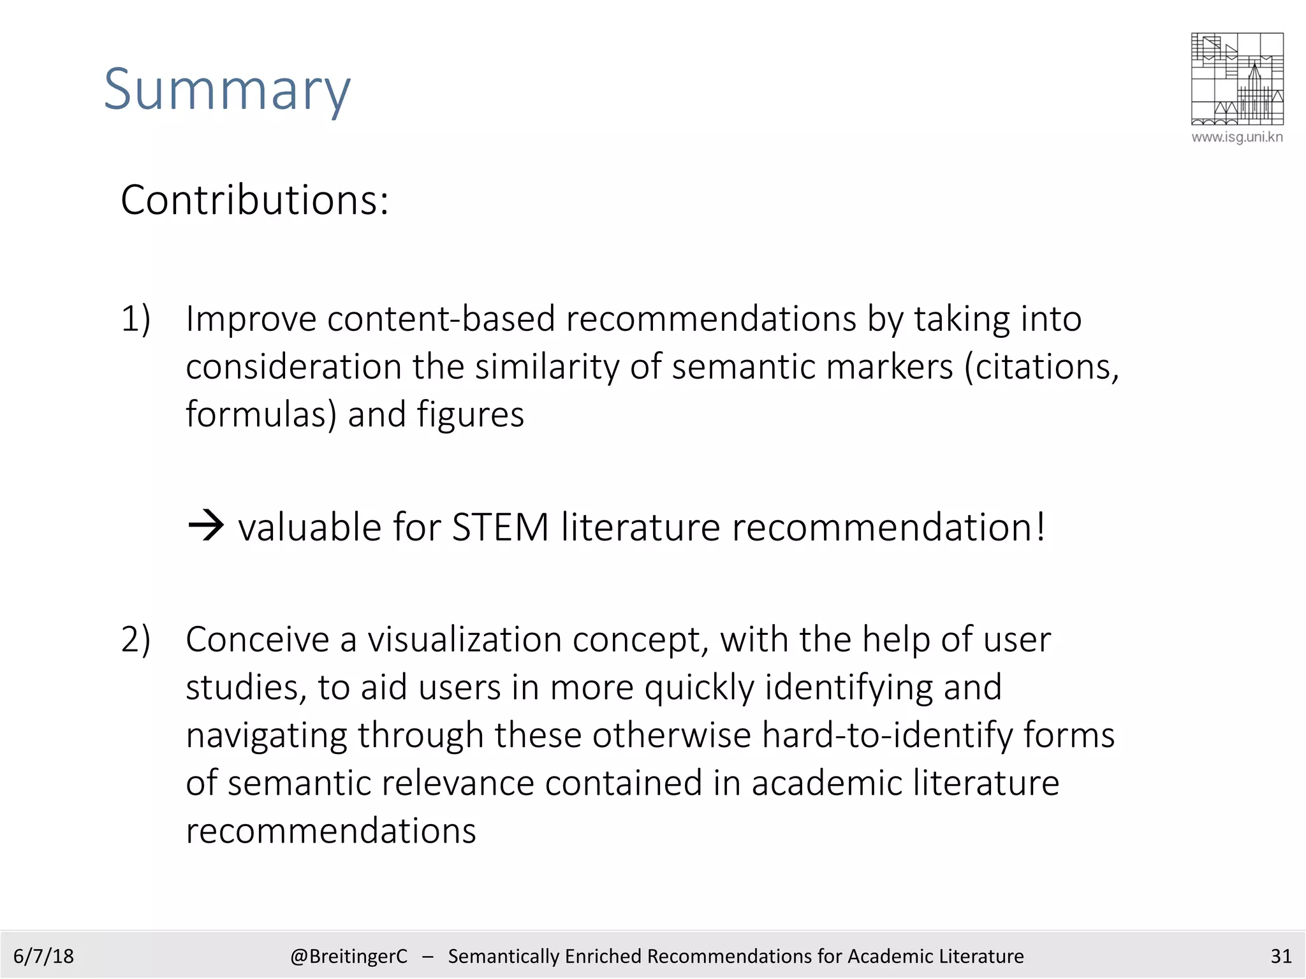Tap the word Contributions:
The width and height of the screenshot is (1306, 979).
coord(254,201)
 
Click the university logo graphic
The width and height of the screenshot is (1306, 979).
coord(1236,78)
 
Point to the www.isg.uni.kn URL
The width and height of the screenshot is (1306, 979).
coord(1236,137)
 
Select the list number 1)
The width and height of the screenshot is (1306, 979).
coord(136,319)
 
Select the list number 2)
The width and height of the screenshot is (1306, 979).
coord(136,639)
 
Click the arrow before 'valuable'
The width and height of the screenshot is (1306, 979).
coord(206,526)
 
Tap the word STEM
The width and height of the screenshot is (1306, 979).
coord(500,528)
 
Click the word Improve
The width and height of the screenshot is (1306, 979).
coord(251,319)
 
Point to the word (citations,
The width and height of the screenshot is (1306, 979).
coord(1042,367)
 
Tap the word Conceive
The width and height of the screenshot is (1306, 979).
coord(258,639)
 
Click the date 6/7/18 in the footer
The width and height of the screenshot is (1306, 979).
coord(43,956)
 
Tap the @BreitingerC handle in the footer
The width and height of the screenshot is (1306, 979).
coord(348,956)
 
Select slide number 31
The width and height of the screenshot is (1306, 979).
coord(1280,956)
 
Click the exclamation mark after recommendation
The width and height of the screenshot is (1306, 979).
coord(1040,526)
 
